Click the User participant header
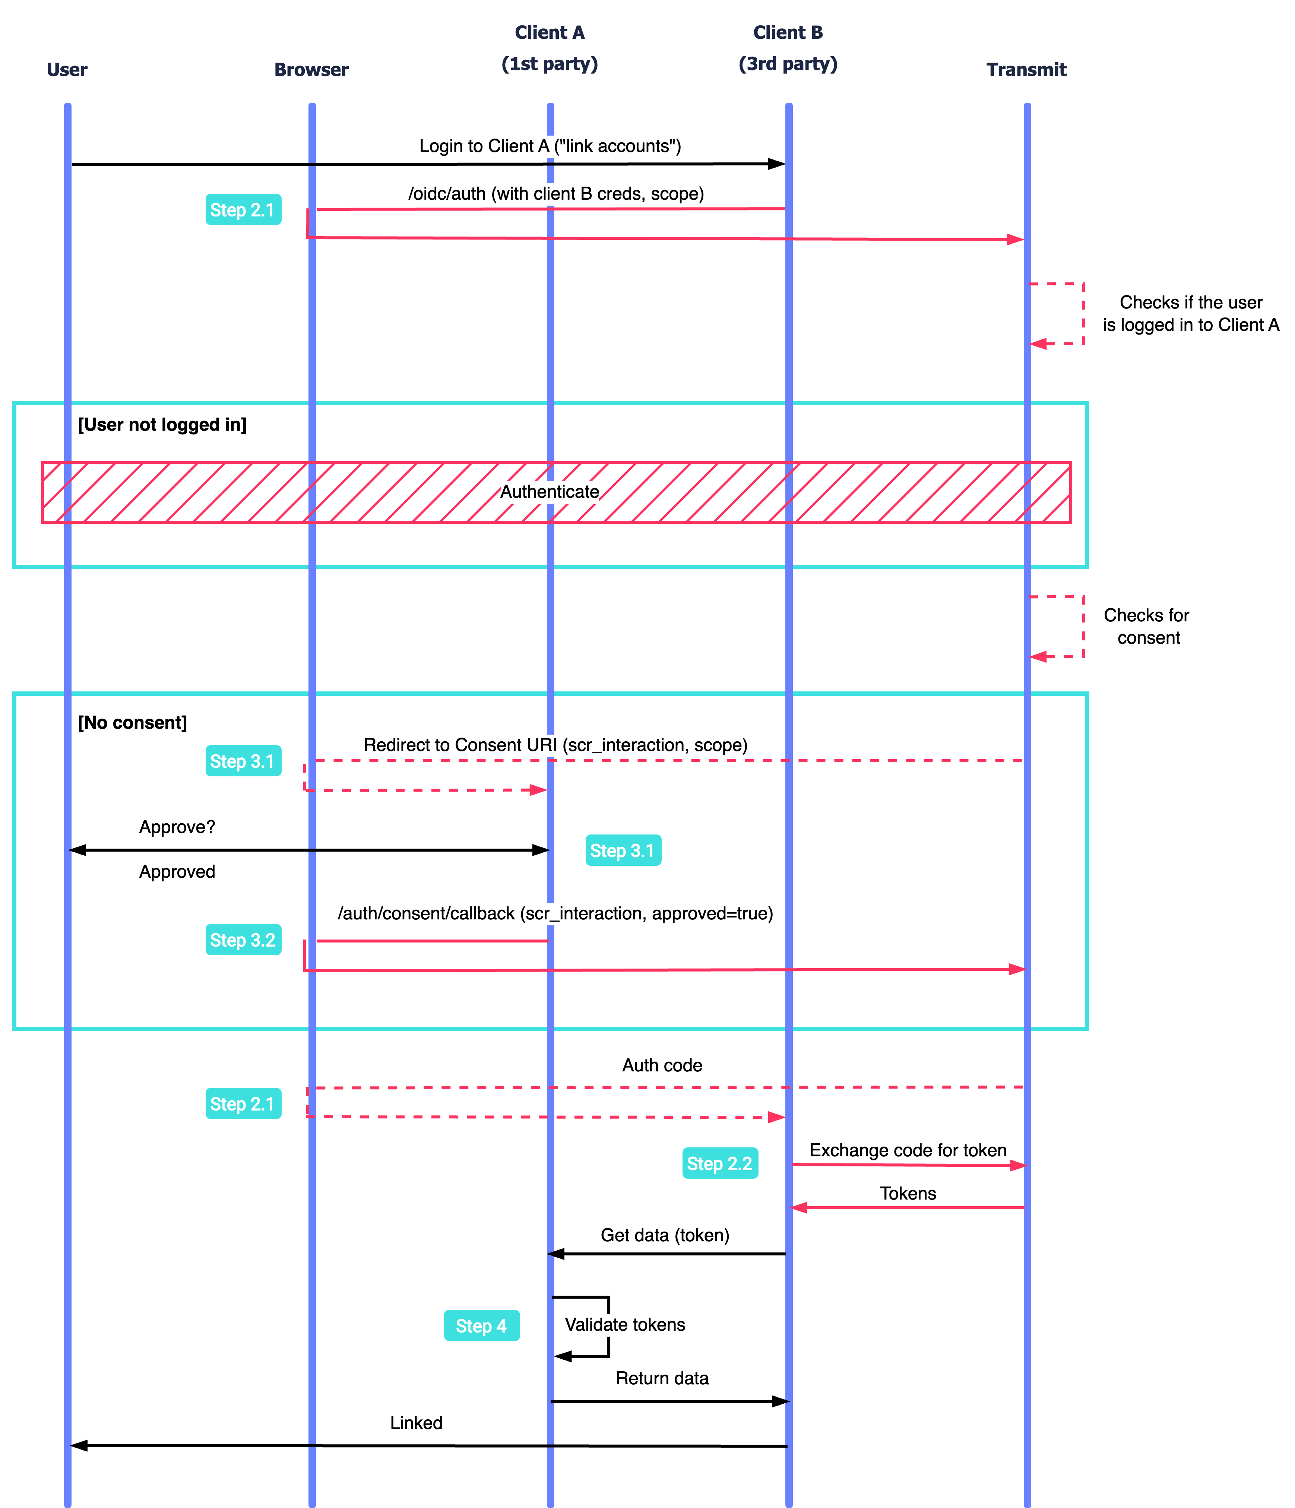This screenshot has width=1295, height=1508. coord(67,70)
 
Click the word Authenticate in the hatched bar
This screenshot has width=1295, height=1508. coord(550,492)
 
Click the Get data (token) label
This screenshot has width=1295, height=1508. coord(665,1235)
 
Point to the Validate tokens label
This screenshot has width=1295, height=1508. coord(624,1325)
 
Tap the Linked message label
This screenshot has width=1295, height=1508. coord(416,1423)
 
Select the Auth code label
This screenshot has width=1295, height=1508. coord(662,1065)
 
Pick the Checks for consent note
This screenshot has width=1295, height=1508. coord(1147,626)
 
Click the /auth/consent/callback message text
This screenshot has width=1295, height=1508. coord(555,913)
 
